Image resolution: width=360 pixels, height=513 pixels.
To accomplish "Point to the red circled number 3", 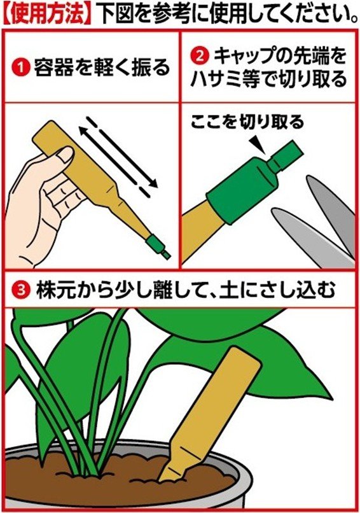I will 20,290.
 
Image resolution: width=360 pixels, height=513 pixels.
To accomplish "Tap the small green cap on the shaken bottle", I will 156,245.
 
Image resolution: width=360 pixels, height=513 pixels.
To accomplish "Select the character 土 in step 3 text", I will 244,290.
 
